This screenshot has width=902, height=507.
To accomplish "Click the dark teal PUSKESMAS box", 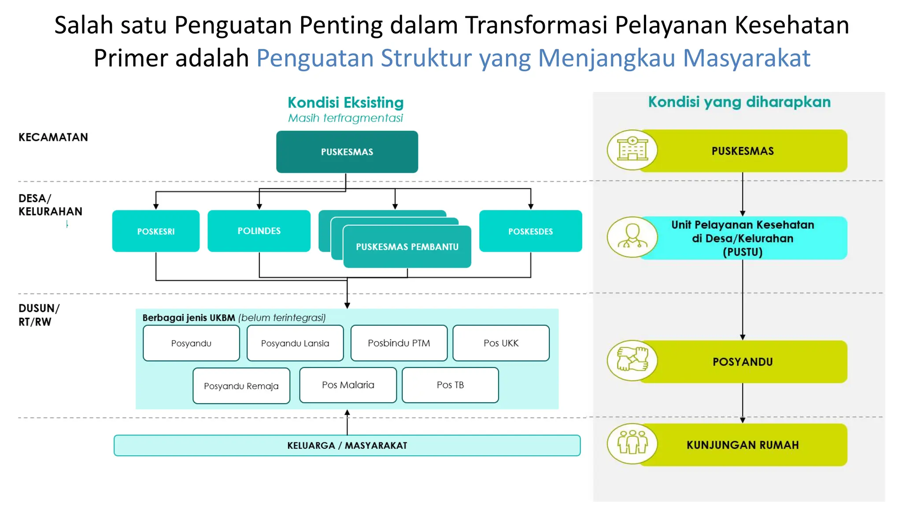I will [x=347, y=152].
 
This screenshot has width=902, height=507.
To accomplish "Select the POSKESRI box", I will [x=156, y=231].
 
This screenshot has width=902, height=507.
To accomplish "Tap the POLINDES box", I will [x=259, y=231].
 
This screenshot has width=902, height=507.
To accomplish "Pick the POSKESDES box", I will [x=530, y=231].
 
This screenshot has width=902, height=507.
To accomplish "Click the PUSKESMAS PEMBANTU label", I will [x=407, y=247].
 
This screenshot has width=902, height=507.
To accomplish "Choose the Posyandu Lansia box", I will [x=295, y=343].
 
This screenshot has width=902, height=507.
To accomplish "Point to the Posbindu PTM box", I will [x=399, y=343].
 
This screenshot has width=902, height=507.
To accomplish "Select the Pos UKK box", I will [x=501, y=343].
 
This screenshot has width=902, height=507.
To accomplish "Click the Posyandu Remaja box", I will [x=241, y=386].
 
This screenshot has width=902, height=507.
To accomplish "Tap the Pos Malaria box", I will [x=348, y=385].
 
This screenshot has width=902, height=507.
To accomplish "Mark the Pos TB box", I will [x=450, y=385].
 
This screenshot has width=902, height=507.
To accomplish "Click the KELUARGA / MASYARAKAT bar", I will [x=347, y=445].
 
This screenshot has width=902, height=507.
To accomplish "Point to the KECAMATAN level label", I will [x=53, y=137].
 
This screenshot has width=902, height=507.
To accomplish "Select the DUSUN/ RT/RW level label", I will [x=39, y=315].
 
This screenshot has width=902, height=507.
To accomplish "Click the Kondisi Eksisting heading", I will [x=346, y=103].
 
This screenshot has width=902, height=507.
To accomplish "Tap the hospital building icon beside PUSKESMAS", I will [x=632, y=150].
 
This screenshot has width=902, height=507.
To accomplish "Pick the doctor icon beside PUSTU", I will [x=632, y=237].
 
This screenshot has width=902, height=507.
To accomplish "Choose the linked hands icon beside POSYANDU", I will [x=632, y=360].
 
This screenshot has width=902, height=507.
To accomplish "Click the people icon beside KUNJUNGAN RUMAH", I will [x=632, y=444].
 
